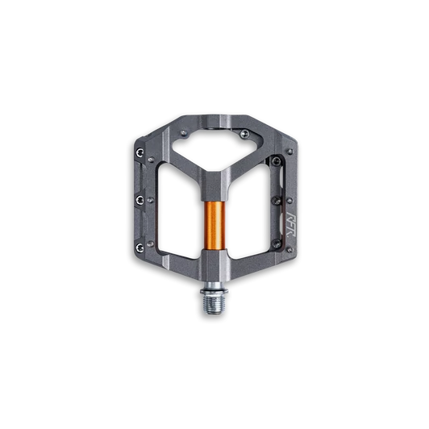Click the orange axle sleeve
pyautogui.click(x=214, y=228)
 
